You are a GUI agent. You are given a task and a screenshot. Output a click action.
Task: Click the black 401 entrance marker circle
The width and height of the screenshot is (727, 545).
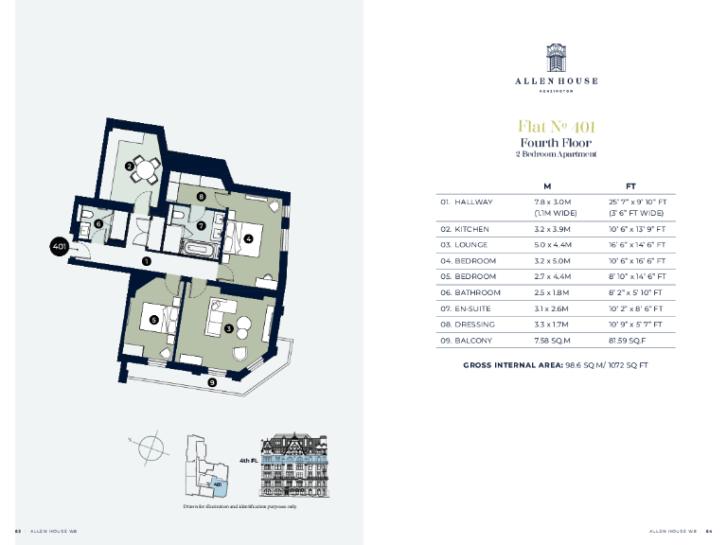[60, 248]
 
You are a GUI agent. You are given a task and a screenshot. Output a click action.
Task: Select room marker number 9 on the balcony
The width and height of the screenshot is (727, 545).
[212, 382]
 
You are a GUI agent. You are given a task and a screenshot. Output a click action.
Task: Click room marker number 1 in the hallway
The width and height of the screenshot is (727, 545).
[146, 260]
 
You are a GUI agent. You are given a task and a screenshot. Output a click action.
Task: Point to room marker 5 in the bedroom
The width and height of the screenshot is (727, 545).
[153, 320]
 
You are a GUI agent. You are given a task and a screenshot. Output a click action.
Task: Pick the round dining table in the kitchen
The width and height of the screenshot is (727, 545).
[144, 171]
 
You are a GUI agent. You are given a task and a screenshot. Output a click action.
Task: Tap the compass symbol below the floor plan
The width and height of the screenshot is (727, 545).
[149, 447]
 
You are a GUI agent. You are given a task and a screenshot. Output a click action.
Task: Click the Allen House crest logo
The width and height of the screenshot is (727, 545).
[555, 58]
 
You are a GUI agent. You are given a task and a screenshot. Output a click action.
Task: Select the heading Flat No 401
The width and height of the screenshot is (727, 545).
[555, 127]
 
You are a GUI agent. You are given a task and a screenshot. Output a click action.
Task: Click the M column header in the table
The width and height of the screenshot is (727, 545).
[547, 185]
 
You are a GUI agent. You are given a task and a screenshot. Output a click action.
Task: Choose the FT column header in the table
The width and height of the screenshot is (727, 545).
[630, 185]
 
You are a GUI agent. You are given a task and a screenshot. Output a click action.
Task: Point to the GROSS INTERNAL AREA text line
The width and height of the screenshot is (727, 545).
[555, 364]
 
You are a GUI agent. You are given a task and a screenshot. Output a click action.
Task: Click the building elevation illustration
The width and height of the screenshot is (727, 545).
[294, 465]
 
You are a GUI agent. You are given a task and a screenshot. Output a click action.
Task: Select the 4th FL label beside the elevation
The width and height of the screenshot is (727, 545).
[249, 461]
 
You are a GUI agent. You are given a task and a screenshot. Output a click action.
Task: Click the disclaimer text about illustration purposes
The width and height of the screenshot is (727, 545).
[239, 507]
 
